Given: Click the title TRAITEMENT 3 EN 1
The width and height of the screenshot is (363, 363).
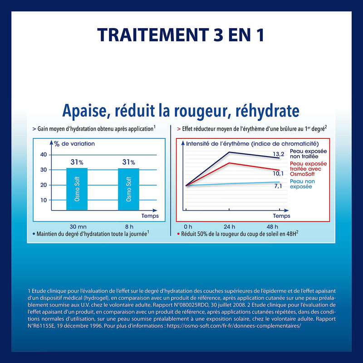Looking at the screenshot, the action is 181,35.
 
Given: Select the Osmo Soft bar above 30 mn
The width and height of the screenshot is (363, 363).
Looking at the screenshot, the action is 77,189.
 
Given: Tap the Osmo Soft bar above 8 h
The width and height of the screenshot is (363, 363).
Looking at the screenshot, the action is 128,189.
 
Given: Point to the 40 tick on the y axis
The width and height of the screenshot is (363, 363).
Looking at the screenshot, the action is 44,154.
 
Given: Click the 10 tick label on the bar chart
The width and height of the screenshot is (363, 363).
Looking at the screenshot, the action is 44,200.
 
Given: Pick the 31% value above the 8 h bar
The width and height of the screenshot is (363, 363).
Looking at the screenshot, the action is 128,162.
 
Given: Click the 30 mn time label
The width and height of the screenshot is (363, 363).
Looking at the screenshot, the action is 78,226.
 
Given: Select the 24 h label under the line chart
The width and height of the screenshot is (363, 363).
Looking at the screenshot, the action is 229,226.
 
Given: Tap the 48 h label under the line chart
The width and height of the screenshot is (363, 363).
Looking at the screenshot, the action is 272,226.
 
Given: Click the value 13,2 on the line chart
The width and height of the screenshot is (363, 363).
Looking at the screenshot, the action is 278,154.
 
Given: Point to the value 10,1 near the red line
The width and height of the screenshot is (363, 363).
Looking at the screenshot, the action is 278,173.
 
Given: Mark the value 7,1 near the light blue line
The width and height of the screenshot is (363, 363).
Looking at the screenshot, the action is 278,186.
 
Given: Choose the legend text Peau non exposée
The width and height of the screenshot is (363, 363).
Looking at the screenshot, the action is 302,184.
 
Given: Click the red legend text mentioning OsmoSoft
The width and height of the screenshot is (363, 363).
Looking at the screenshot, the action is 309,169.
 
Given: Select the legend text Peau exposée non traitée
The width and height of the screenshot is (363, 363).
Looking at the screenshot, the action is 309,154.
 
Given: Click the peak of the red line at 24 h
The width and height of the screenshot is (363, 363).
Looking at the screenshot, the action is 229,163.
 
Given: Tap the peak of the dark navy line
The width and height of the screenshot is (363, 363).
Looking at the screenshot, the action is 229,152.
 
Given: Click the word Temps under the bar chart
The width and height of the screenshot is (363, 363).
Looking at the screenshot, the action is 150,216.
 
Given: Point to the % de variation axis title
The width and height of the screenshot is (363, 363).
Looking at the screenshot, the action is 74,144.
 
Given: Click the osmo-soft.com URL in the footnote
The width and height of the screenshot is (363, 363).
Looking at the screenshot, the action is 234,326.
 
